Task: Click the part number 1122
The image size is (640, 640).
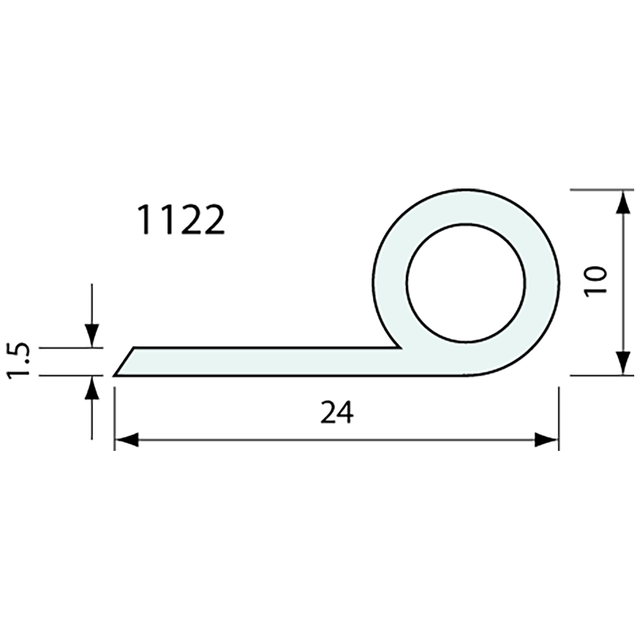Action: coord(180,221)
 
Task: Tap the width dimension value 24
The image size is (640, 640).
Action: coord(336,413)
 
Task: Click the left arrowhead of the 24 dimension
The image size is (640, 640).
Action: coord(126,440)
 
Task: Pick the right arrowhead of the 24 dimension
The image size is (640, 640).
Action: coord(546,440)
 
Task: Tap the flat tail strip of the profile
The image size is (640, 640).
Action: coord(262,362)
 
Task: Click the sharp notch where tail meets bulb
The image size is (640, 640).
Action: coord(400,348)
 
